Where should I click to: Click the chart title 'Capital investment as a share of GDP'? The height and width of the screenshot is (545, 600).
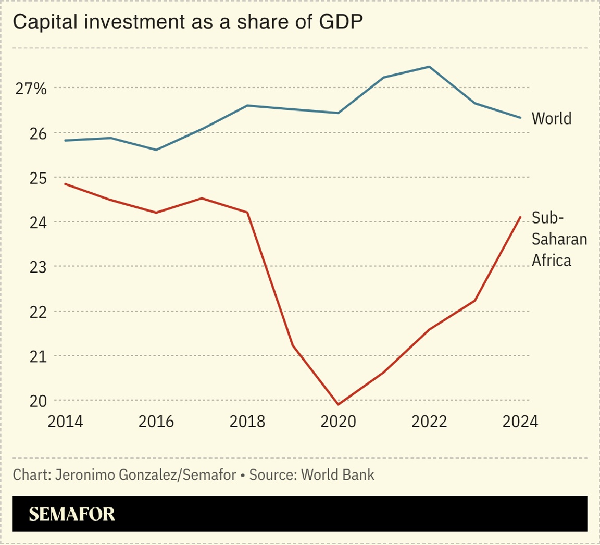187,22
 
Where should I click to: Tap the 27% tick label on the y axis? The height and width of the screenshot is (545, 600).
30,89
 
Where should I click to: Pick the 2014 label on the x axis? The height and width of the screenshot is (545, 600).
65,422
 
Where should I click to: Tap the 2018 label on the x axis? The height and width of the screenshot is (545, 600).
247,422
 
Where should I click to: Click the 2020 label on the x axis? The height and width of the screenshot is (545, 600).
339,422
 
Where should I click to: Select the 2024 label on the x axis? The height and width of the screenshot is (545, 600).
520,422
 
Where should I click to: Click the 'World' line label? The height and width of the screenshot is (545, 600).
551,119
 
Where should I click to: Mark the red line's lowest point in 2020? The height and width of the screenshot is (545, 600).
339,404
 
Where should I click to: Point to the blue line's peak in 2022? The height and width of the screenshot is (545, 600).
429,67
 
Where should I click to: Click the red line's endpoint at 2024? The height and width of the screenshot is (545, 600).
520,217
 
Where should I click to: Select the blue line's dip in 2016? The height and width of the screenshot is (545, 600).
156,150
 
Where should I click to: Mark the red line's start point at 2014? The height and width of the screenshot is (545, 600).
65,184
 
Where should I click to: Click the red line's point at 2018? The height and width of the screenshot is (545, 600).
247,213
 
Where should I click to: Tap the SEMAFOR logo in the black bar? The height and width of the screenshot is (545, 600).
71,514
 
